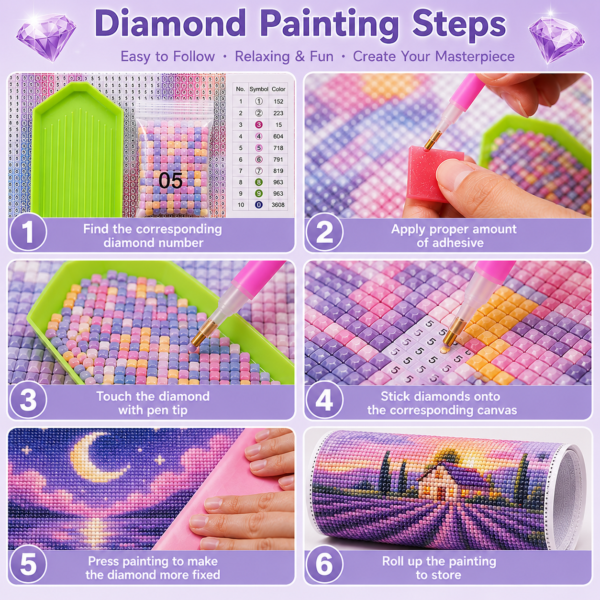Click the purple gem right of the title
point(556,39)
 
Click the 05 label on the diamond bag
point(170,180)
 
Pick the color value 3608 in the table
point(278,205)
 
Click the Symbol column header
point(259,89)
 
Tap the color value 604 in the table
point(278,136)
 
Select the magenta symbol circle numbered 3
point(259,124)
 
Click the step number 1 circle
point(28,232)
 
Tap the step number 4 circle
point(324,400)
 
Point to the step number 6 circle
point(324,564)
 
